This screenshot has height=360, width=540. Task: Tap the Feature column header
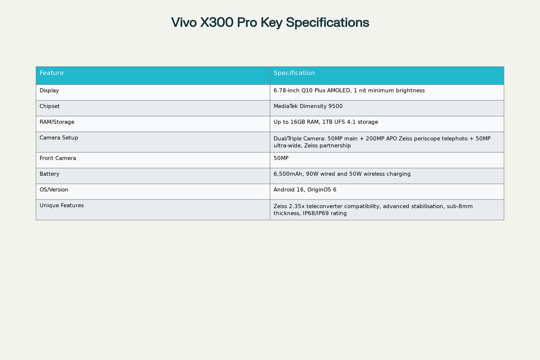[51, 73]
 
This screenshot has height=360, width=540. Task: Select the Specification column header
[294, 73]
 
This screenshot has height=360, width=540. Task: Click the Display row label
[49, 90]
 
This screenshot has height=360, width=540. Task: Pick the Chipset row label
[50, 106]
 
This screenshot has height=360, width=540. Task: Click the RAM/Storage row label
[57, 122]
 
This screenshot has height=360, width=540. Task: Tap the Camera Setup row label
[59, 138]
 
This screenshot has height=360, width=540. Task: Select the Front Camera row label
[58, 158]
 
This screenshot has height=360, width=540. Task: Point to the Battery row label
[49, 174]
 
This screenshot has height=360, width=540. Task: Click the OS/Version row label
[54, 190]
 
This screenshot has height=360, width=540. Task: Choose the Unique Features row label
[61, 205]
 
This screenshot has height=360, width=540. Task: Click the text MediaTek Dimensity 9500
[308, 106]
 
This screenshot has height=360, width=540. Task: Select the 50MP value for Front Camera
[281, 158]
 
